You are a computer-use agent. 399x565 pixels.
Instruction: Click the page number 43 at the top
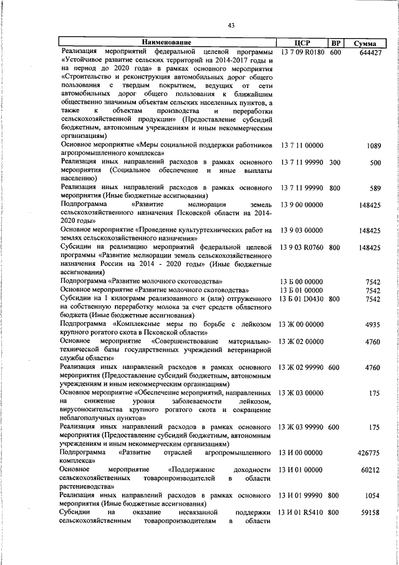coord(231,25)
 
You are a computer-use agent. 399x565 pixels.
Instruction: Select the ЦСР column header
coord(301,43)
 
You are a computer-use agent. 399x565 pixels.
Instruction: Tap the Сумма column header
coord(364,43)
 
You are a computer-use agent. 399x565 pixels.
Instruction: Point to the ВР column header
coord(335,43)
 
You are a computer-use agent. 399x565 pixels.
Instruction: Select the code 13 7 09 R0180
coord(302,52)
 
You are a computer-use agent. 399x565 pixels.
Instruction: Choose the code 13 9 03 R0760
coord(302,248)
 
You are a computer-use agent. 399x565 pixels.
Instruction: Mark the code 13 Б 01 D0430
coord(302,299)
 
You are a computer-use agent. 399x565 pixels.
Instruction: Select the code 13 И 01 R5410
coord(302,513)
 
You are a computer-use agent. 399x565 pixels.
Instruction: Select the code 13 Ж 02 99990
coord(302,367)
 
